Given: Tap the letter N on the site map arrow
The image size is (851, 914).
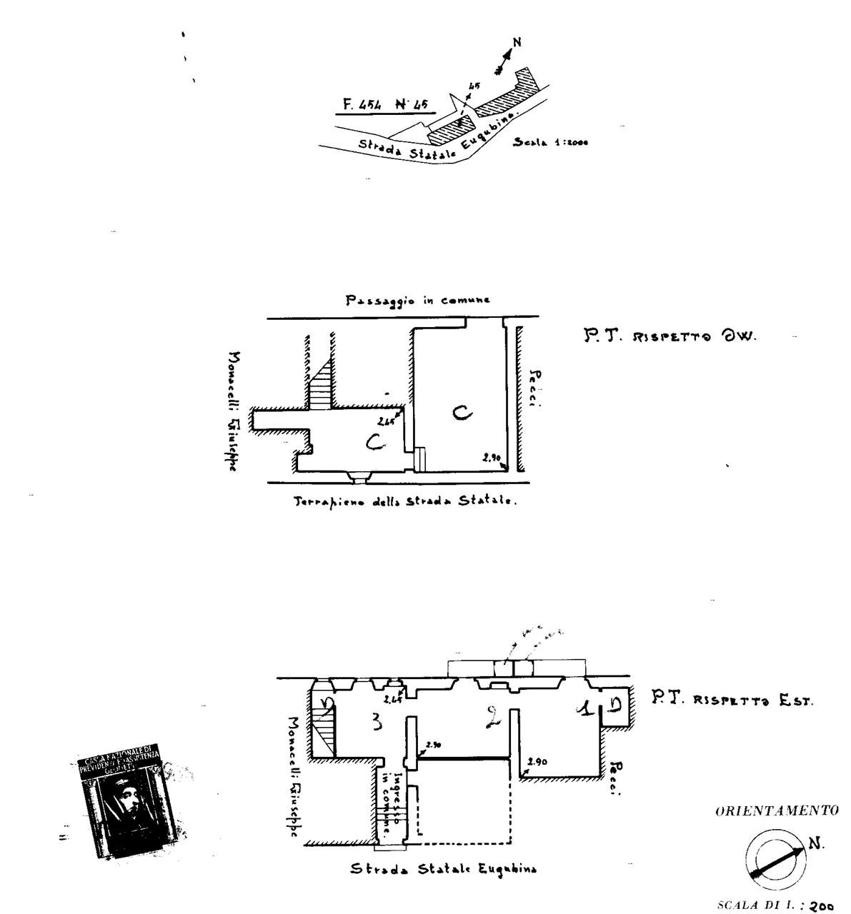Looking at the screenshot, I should (517, 42).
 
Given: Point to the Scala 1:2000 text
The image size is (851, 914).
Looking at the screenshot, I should (550, 142).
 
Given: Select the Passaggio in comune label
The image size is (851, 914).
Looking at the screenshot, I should (418, 301).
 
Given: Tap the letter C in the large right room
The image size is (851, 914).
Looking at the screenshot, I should (461, 413).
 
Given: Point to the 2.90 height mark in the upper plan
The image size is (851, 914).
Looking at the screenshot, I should (492, 457).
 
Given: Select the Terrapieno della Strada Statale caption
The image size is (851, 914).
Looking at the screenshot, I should (404, 501).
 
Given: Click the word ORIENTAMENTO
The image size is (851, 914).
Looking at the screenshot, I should (776, 811).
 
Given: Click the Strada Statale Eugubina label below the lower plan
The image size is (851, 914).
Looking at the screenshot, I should (443, 869).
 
